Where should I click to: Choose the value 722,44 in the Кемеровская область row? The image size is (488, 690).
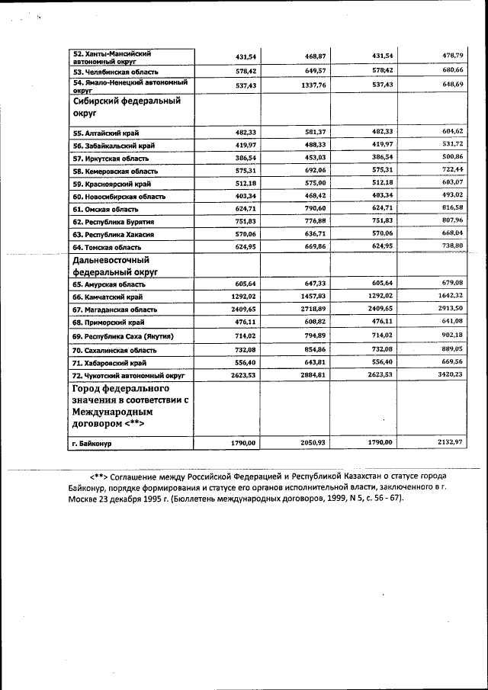pos(451,170)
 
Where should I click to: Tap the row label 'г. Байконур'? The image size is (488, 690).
pos(92,442)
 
